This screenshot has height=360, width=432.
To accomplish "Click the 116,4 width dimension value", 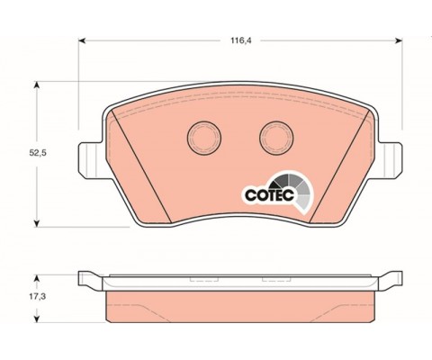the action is click(240, 40).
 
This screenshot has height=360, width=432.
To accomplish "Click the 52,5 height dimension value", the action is click(38, 153).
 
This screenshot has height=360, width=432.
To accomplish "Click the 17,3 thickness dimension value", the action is click(37, 297).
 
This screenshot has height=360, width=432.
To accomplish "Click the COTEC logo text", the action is click(269, 195).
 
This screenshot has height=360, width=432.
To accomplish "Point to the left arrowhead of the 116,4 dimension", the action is click(82, 40).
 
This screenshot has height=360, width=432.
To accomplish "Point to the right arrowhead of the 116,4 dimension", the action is click(399, 40).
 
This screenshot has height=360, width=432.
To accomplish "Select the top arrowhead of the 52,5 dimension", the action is click(37, 85).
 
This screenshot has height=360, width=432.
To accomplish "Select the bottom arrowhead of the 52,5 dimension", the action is click(37, 223).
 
